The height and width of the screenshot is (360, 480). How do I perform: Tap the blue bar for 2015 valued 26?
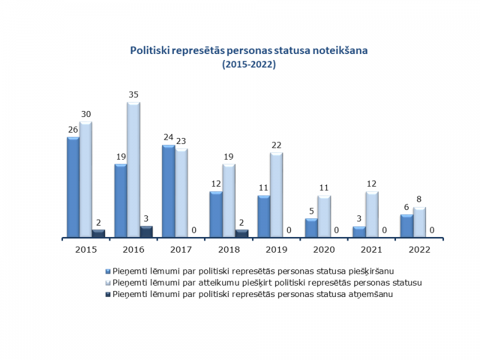73,187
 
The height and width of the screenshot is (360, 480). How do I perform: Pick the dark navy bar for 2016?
146,232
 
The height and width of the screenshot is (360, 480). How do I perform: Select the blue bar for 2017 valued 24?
169,191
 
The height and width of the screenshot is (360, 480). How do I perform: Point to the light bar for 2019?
276,195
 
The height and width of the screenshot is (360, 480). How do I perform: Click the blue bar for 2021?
359,232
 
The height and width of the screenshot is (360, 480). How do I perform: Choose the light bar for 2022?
419,223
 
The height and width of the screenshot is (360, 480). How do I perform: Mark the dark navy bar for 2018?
241,234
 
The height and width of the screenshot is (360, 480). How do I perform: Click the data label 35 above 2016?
134,95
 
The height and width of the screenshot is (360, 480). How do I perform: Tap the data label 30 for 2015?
86,114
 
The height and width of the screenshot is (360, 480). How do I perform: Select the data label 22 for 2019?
277,145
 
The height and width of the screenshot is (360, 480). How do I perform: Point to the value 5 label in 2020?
311,211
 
